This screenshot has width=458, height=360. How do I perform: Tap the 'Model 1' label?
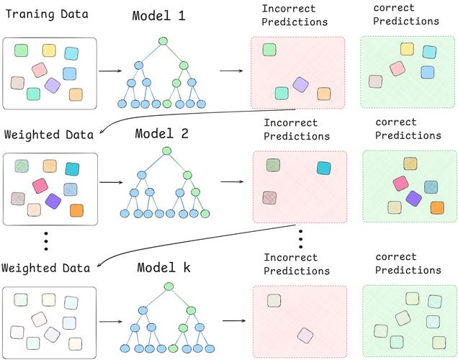click(160, 17)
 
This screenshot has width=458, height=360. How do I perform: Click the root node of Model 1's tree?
click(163, 41)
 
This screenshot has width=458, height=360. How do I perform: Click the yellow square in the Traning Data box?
click(49, 50)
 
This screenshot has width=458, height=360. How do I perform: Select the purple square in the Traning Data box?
click(52, 85)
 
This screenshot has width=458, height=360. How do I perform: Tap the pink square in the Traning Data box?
click(39, 70)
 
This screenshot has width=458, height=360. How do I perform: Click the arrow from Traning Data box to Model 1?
click(109, 71)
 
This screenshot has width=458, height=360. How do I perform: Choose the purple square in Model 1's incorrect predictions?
click(300, 85)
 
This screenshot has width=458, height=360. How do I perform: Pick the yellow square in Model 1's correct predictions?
click(407, 48)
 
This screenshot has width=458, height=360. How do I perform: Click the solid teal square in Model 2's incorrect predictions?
click(323, 168)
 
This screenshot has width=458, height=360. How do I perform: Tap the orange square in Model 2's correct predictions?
click(436, 207)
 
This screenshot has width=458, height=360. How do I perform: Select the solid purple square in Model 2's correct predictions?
click(413, 197)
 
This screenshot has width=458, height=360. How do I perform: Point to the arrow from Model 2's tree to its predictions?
click(230, 181)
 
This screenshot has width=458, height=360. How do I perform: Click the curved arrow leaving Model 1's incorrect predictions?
click(180, 116)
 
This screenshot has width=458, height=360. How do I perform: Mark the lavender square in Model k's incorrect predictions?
click(305, 334)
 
